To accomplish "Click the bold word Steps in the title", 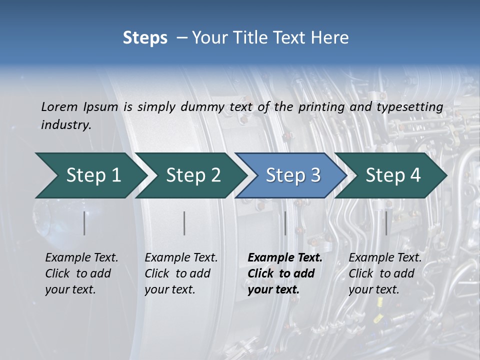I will [x=145, y=38].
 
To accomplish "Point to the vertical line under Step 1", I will [x=84, y=223].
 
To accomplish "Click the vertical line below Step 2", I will [x=184, y=223].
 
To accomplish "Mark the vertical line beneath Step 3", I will [x=285, y=223].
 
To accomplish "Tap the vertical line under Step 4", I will [x=386, y=223].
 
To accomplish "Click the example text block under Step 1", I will [x=81, y=273].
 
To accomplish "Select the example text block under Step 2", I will [x=181, y=273].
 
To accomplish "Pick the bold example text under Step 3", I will [x=284, y=273].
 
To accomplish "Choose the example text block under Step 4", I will [x=385, y=273].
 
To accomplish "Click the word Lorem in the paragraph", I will [x=59, y=107].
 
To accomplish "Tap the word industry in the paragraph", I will [x=66, y=125].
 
